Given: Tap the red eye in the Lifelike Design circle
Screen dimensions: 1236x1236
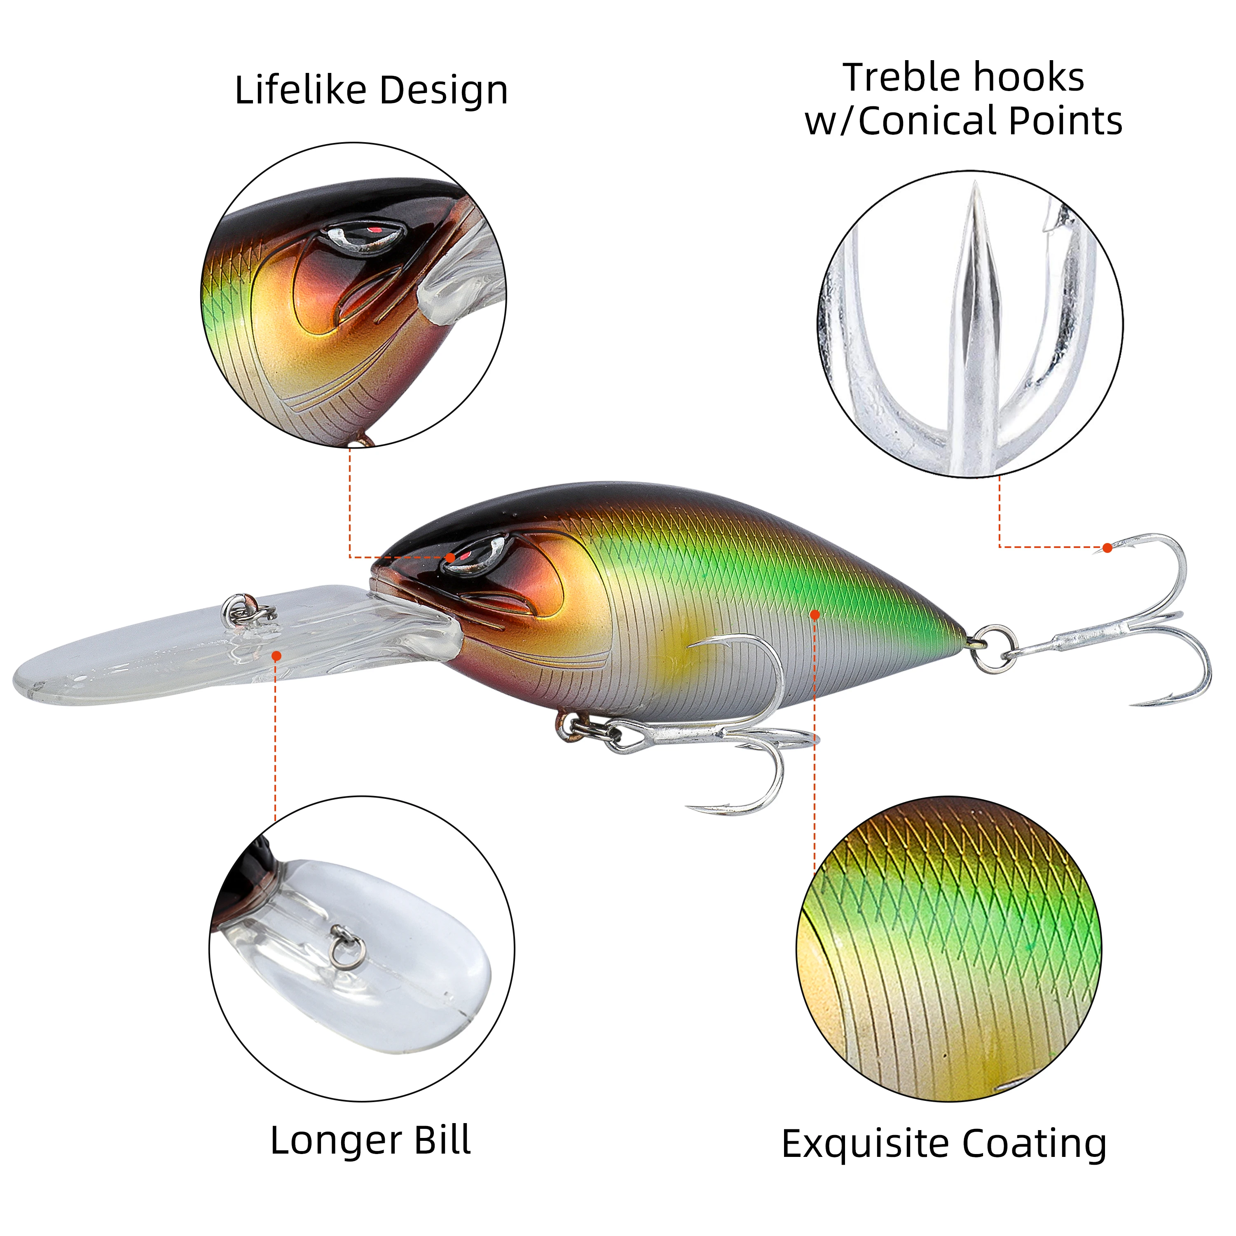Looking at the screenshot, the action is (374, 229).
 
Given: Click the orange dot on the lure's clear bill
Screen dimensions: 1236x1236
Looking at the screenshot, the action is (276, 656).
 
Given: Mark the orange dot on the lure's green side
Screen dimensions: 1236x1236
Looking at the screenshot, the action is (815, 615).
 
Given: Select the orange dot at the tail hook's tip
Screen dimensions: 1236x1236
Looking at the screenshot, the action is (1107, 548).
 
